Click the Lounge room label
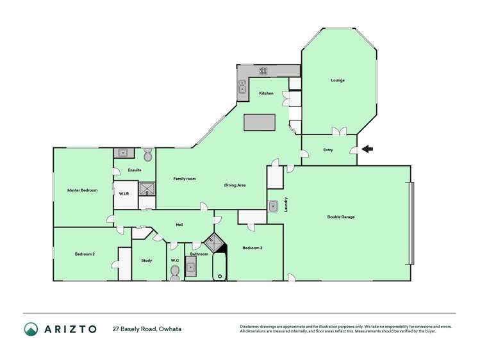pos(338,81)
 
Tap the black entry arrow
pos(367,150)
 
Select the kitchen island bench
pos(260,122)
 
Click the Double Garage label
pos(340,217)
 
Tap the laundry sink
pos(273,206)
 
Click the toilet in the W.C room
pos(175,271)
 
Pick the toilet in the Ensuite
pos(147,154)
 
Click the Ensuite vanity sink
pos(122,153)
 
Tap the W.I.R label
pos(124,193)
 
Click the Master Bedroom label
pos(83,190)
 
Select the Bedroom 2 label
pos(85,254)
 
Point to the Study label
pos(147,260)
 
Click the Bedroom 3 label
pos(252,248)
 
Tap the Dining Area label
pos(235,186)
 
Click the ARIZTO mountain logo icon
pos(31,329)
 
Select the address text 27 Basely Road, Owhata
pos(147,329)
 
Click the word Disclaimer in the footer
pos(251,327)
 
